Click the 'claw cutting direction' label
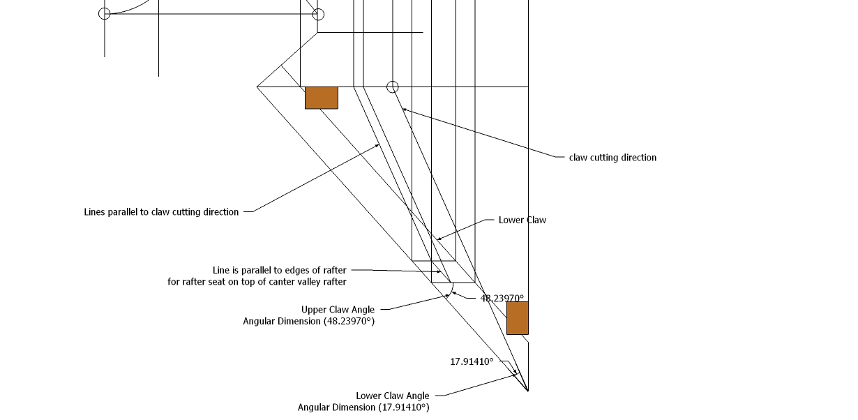pos(612,158)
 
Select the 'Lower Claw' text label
pos(522,220)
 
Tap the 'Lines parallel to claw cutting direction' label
pos(161,211)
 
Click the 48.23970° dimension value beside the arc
pos(502,298)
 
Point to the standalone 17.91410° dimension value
pos(472,361)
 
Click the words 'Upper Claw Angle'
pos(338,310)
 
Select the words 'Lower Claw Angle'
pos(393,396)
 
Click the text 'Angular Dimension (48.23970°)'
pos(308,321)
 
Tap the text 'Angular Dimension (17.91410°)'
pos(363,407)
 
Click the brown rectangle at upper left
pos(322,98)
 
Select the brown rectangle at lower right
pos(517,318)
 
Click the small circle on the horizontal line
pos(393,87)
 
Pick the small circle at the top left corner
pos(105,13)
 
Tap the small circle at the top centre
pos(318,13)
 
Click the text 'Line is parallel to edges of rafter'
pos(279,270)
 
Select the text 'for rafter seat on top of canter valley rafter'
pos(257,282)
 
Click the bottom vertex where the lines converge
pos(527,391)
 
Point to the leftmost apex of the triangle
pos(257,87)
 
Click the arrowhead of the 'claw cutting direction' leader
pos(403,108)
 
